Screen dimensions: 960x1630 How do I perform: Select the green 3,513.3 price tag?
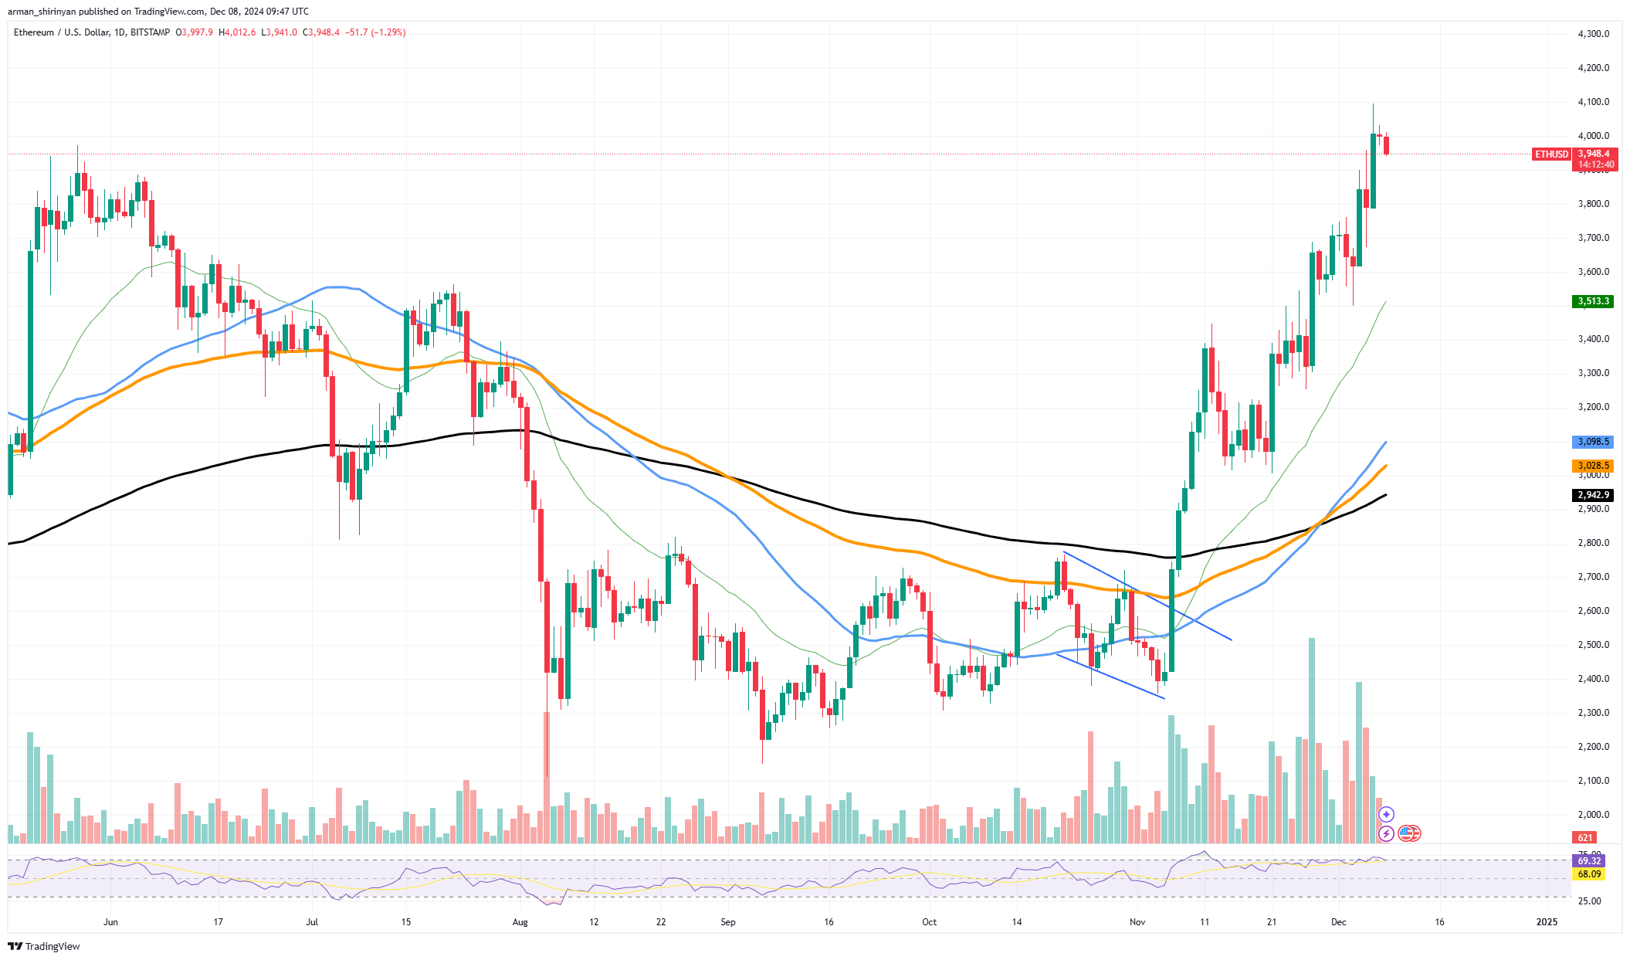click(x=1592, y=301)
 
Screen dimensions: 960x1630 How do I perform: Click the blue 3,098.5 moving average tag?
click(x=1592, y=442)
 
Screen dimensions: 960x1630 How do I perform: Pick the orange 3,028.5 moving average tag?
click(x=1592, y=466)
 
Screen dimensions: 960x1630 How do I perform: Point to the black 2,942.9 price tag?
click(x=1592, y=495)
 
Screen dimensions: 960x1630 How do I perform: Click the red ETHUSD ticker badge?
click(x=1551, y=154)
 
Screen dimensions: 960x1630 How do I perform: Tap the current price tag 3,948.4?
click(x=1594, y=154)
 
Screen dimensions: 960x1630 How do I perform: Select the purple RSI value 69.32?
click(x=1588, y=860)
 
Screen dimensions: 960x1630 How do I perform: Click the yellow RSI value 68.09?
click(x=1588, y=874)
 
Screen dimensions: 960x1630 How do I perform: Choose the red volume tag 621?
click(x=1584, y=837)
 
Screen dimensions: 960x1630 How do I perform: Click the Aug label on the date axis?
click(x=520, y=922)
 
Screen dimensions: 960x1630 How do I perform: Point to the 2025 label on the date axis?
click(x=1547, y=922)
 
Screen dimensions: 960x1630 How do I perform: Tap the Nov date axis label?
click(x=1137, y=922)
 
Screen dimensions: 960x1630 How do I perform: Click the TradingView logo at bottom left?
click(x=45, y=947)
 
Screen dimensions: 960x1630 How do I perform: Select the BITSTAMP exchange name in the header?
click(x=150, y=32)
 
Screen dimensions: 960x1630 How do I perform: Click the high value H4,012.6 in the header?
click(x=237, y=32)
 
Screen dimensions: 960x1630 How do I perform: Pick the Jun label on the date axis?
click(x=110, y=922)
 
